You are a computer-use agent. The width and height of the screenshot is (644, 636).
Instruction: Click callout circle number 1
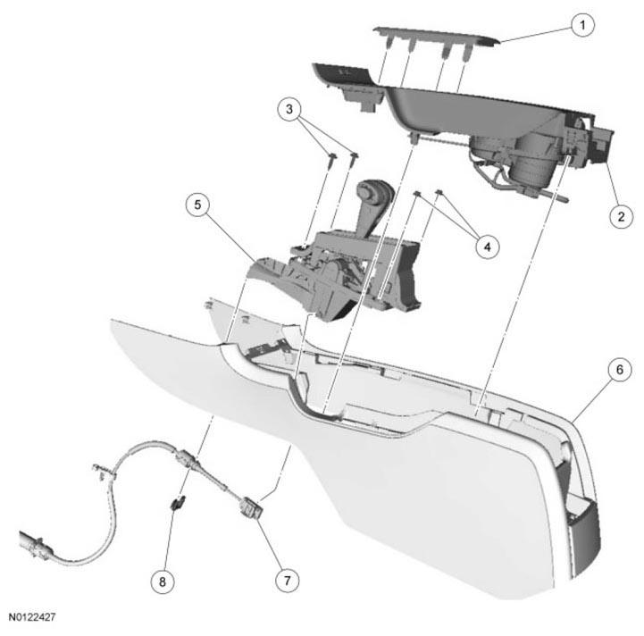pyautogui.click(x=582, y=26)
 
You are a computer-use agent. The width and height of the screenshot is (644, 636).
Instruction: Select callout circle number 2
pyautogui.click(x=621, y=216)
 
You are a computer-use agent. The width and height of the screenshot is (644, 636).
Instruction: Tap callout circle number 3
pyautogui.click(x=289, y=109)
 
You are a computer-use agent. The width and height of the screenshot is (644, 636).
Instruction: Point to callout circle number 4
pyautogui.click(x=487, y=247)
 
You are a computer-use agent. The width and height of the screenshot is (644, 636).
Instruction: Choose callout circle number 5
pyautogui.click(x=197, y=205)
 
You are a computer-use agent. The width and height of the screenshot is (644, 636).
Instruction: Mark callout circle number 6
pyautogui.click(x=619, y=369)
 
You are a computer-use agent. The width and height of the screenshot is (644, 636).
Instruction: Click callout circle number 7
pyautogui.click(x=287, y=581)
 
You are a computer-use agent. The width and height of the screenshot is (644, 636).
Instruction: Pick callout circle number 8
pyautogui.click(x=163, y=582)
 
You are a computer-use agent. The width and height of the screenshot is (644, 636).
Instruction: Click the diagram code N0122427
pyautogui.click(x=32, y=617)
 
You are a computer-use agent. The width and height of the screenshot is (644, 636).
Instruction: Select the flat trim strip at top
pyautogui.click(x=437, y=36)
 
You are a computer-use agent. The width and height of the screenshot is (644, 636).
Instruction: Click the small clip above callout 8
pyautogui.click(x=178, y=502)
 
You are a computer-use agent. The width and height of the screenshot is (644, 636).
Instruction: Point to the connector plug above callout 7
pyautogui.click(x=251, y=507)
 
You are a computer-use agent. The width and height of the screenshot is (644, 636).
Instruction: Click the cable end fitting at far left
pyautogui.click(x=36, y=543)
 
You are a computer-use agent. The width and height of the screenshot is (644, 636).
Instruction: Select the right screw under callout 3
pyautogui.click(x=355, y=159)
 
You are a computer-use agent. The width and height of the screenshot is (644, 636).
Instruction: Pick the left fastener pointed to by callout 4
pyautogui.click(x=417, y=194)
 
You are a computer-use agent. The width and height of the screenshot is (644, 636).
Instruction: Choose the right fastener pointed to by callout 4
pyautogui.click(x=439, y=192)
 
